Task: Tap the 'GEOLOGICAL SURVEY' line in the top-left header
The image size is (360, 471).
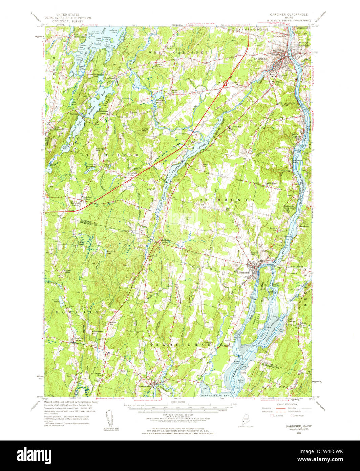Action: (68, 21)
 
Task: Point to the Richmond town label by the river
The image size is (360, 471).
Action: (243, 272)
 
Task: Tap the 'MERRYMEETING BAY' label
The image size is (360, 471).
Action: (200, 395)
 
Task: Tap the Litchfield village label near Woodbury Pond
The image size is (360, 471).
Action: (108, 78)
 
